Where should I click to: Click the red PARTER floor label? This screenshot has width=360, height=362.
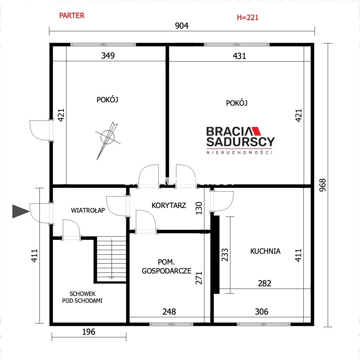(x=72, y=16)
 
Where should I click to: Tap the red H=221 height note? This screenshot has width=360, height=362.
(x=247, y=17)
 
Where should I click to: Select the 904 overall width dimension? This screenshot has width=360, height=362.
(x=182, y=26)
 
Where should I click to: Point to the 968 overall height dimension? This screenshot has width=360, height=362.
(x=322, y=185)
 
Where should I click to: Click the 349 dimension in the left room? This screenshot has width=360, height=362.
(x=108, y=56)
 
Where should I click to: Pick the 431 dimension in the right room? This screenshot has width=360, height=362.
(x=240, y=56)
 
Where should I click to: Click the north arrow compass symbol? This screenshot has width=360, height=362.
(x=108, y=140)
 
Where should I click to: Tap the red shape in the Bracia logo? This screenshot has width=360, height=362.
(x=256, y=131)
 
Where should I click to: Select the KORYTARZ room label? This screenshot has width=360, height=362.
(x=169, y=205)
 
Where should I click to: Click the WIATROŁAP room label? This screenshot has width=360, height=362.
(x=88, y=210)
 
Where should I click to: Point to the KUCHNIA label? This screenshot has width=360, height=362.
(x=265, y=251)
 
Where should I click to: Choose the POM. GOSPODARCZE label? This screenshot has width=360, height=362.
(x=167, y=267)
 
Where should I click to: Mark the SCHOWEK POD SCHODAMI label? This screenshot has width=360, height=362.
(x=82, y=297)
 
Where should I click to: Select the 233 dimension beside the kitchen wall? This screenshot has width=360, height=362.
(x=225, y=255)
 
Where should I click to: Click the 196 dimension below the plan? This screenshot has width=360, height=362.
(x=89, y=332)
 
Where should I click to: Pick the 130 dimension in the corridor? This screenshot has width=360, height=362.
(x=199, y=208)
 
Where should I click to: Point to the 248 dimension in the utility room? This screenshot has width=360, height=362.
(x=169, y=312)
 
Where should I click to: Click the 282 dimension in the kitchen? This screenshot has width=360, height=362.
(x=265, y=283)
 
